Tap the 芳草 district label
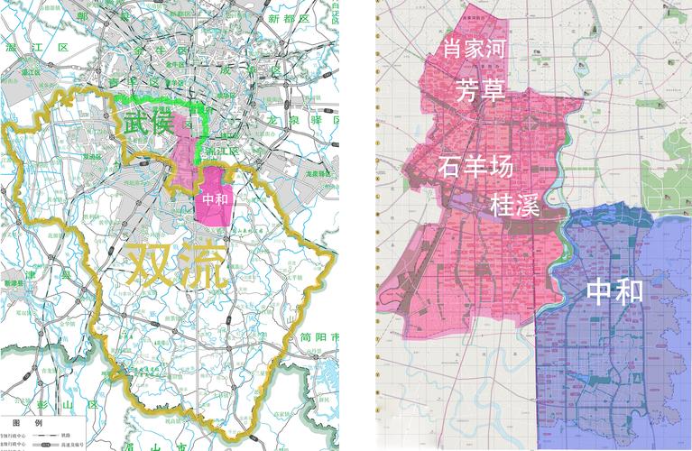(x=482, y=91)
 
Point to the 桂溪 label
(x=514, y=206)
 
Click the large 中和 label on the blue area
(x=614, y=291)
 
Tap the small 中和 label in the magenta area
(x=215, y=199)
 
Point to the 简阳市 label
(x=322, y=337)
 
